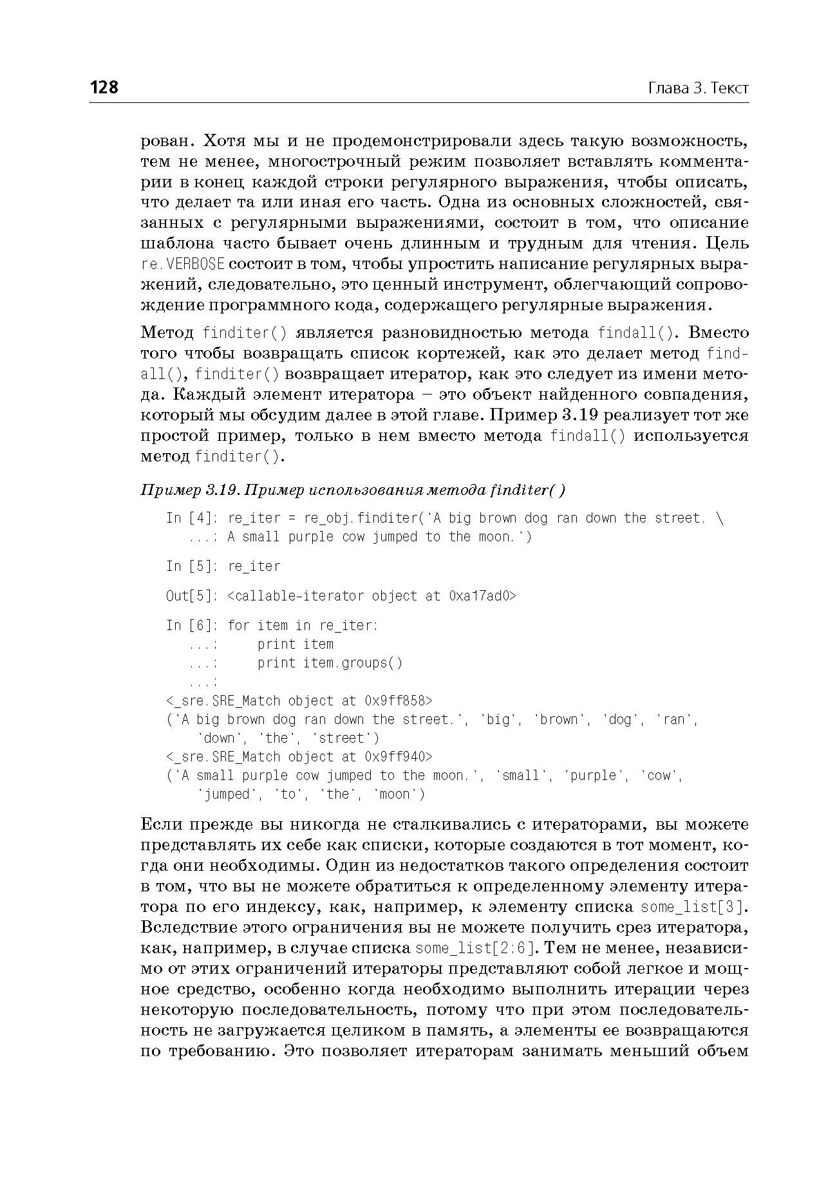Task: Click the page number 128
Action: coord(104,88)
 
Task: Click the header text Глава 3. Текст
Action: coord(698,88)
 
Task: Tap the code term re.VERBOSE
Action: coord(183,265)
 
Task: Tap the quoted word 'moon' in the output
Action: coord(399,794)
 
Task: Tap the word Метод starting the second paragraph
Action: coord(167,333)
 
